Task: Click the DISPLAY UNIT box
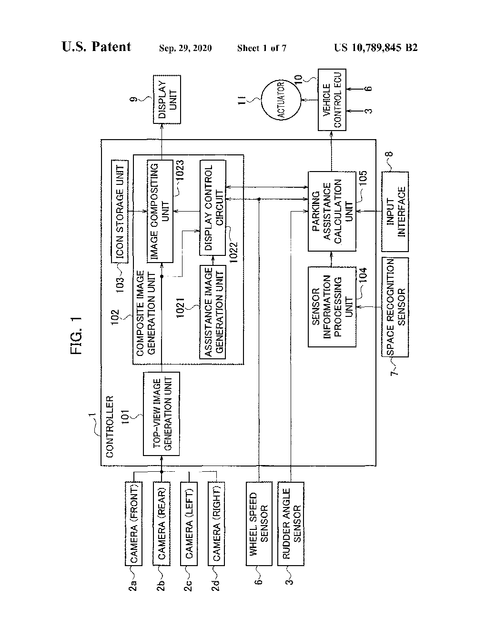[167, 99]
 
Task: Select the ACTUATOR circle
[281, 100]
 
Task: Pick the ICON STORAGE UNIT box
[120, 211]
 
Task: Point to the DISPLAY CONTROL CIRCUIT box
[213, 208]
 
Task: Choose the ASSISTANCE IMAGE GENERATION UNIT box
[213, 312]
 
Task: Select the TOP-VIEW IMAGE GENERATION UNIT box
[162, 414]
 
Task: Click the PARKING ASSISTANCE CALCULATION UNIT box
[332, 211]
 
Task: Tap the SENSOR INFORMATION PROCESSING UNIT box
[332, 307]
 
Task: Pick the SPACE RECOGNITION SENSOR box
[395, 307]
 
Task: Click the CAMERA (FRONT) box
[133, 524]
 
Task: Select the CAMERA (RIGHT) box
[216, 524]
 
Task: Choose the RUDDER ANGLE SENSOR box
[291, 524]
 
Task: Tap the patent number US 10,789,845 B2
[375, 48]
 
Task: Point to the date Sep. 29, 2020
[185, 48]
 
